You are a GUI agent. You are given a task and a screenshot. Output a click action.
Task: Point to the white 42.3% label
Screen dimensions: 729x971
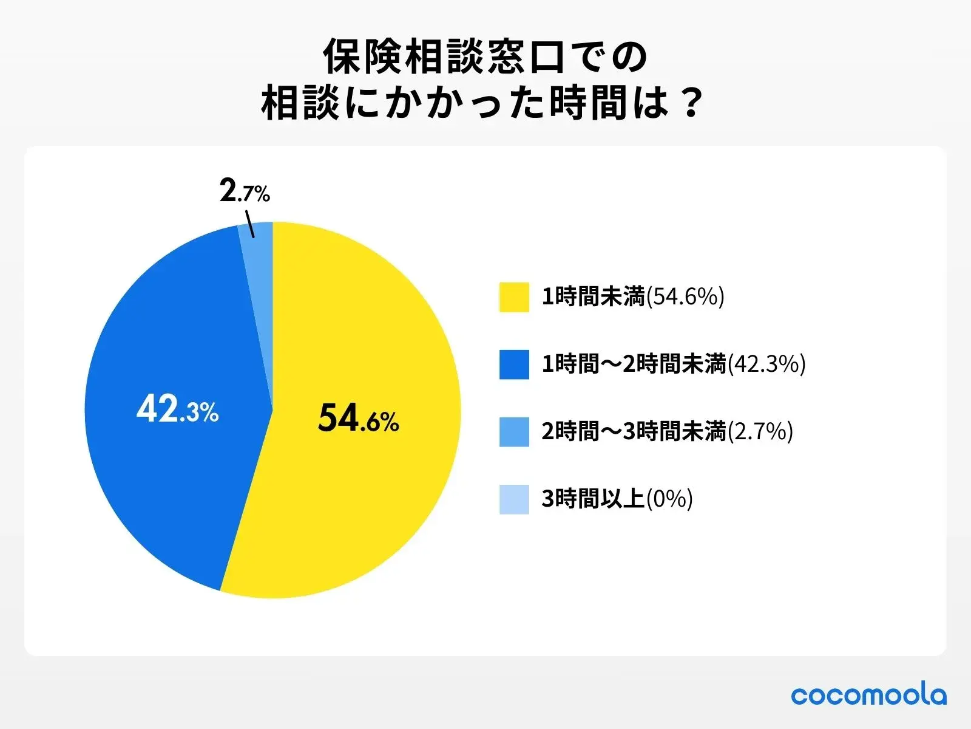click(x=177, y=409)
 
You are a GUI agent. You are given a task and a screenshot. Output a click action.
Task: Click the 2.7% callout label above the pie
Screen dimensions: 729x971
click(x=245, y=193)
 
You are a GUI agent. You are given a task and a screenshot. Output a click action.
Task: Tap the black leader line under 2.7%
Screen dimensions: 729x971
click(x=249, y=224)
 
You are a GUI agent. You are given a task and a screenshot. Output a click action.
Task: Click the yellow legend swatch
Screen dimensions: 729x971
click(x=514, y=297)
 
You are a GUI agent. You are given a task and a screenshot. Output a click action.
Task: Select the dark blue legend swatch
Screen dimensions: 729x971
click(x=514, y=364)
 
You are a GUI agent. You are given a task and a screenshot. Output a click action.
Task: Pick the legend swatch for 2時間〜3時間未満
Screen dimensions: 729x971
click(x=514, y=432)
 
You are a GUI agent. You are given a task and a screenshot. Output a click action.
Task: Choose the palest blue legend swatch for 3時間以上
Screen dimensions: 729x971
click(x=514, y=499)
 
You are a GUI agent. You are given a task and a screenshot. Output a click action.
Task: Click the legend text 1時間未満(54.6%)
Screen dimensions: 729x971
click(x=633, y=297)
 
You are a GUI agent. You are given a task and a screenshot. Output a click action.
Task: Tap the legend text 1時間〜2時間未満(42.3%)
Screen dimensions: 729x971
click(x=674, y=364)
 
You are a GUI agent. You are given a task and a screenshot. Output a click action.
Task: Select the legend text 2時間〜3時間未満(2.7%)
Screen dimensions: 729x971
click(x=668, y=432)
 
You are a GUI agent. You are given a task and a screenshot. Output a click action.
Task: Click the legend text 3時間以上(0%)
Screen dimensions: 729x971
click(x=617, y=499)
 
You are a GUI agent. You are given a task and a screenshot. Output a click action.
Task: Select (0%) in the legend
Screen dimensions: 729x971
click(x=669, y=499)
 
